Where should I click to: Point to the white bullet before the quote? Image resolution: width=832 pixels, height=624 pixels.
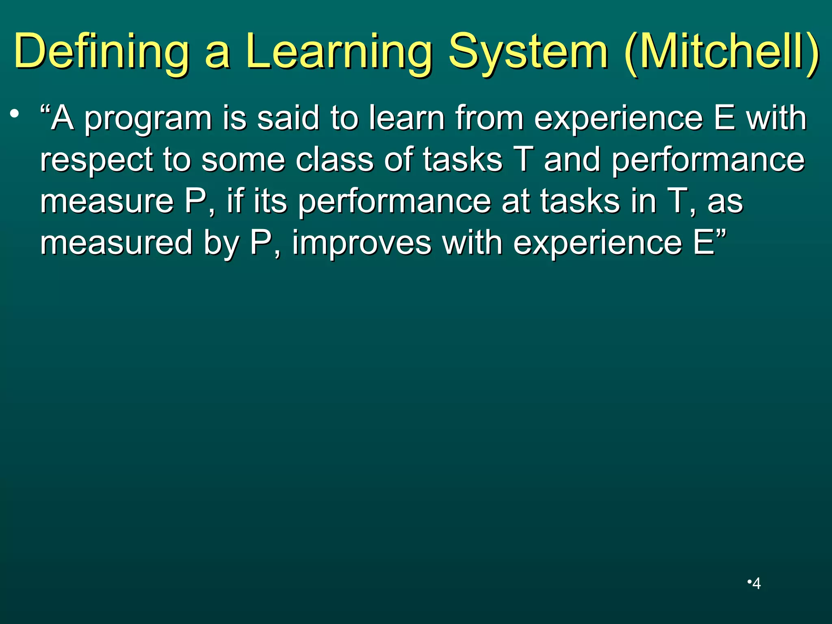click(15, 114)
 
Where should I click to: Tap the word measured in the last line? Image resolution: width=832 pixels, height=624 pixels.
click(116, 243)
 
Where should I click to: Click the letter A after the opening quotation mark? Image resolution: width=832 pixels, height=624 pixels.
click(63, 118)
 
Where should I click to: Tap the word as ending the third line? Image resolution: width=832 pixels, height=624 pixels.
click(725, 202)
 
